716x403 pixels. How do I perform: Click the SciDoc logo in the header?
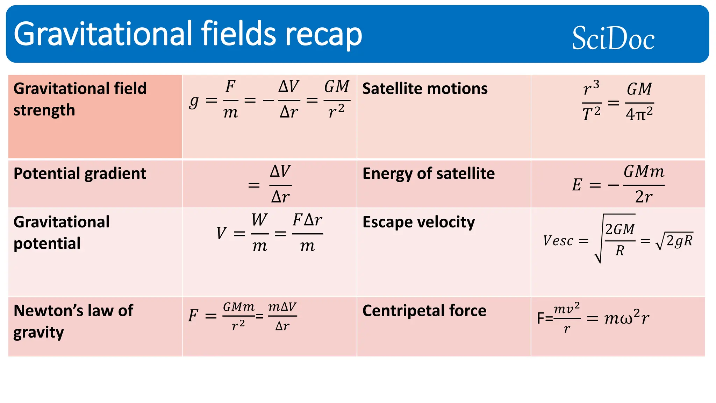tap(613, 38)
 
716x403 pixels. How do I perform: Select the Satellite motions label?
tap(425, 89)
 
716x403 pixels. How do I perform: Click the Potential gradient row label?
tap(80, 174)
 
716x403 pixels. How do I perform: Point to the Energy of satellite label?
tap(429, 174)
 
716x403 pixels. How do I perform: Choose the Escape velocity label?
tap(418, 222)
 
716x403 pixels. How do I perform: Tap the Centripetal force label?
tap(424, 311)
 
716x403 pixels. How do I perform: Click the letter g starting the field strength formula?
tap(194, 101)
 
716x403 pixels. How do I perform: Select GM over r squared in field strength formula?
tap(337, 100)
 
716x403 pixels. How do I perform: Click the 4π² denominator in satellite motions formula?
tap(639, 114)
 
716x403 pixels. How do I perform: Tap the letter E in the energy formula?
tap(577, 185)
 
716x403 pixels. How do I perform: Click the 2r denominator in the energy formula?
tap(643, 197)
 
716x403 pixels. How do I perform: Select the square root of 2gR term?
tap(675, 241)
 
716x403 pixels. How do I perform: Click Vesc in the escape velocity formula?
tap(558, 241)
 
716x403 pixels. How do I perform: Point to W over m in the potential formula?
tap(259, 233)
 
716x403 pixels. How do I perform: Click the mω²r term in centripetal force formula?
tap(627, 318)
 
